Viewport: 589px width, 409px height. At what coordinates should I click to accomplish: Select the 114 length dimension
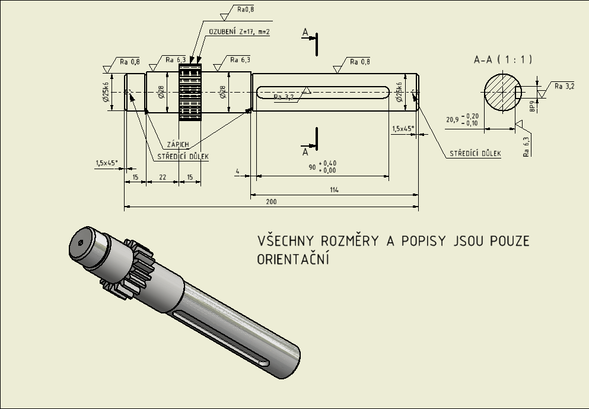pos(335,189)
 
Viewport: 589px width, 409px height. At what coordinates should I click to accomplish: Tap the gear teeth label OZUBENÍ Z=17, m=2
pos(239,31)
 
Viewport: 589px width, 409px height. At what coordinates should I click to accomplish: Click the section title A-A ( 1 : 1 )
pos(502,59)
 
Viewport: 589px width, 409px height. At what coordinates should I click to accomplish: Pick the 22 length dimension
pos(163,177)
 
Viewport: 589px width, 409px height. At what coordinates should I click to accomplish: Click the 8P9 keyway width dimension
pos(533,107)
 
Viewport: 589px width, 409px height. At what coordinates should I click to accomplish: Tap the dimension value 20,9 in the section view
pos(453,120)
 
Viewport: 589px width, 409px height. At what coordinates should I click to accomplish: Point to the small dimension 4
pos(237,172)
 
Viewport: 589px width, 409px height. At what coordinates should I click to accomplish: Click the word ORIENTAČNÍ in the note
pos(293,259)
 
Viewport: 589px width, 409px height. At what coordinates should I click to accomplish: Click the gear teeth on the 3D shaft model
pos(133,267)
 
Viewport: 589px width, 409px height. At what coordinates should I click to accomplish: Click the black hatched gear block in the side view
pos(190,92)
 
